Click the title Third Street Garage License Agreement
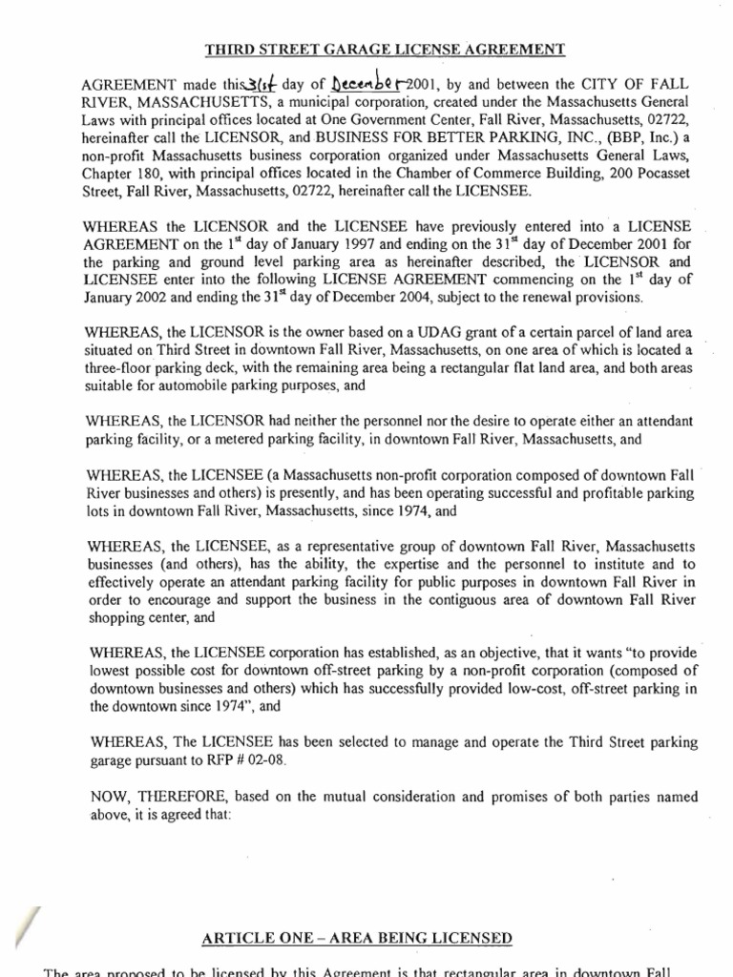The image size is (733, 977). pos(366,50)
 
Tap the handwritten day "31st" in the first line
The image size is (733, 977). pos(233,85)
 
